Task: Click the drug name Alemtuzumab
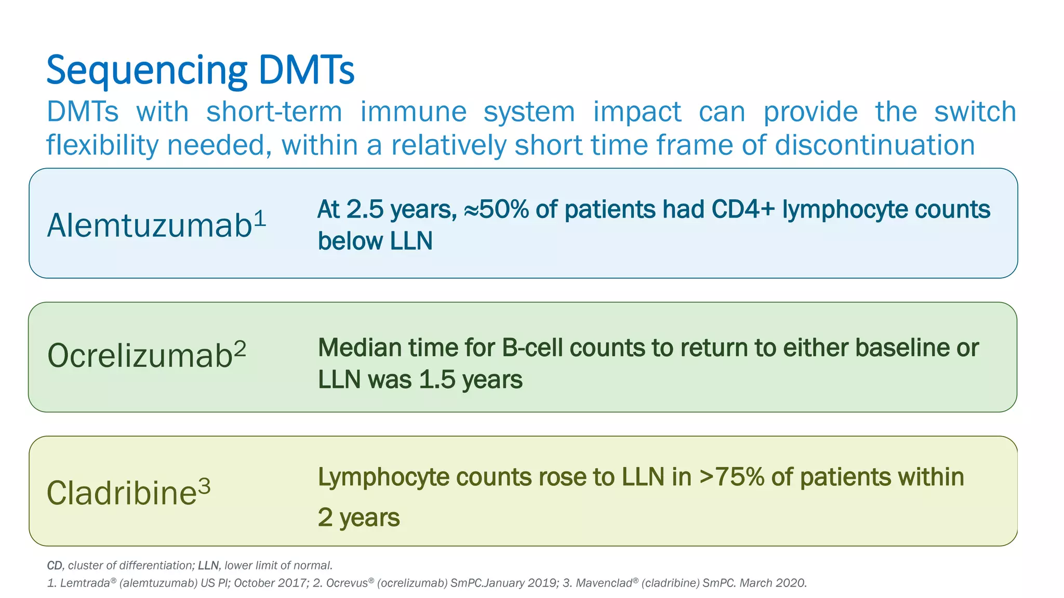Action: point(150,226)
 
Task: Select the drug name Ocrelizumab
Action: point(140,356)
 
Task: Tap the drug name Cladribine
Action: point(122,493)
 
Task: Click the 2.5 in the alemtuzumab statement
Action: point(364,210)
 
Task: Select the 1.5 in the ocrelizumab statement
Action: point(437,379)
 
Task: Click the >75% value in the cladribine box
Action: point(731,477)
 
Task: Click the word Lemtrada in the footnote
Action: point(85,583)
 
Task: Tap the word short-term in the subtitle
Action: point(274,112)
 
